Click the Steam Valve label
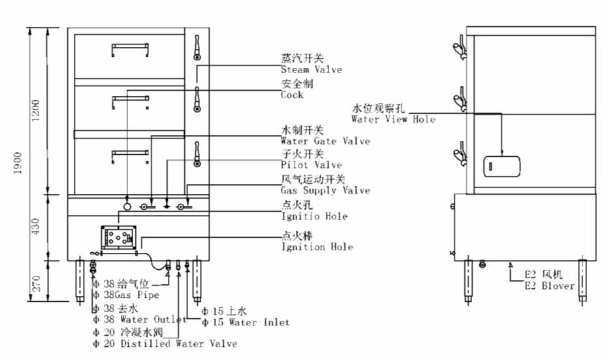point(311,70)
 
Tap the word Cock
point(292,95)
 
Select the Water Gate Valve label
point(325,141)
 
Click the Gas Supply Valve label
point(325,191)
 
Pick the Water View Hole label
point(392,120)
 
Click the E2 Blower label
point(549,286)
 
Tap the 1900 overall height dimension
point(19,165)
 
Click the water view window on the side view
point(501,167)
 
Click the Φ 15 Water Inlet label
point(246,323)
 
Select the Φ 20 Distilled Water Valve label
point(165,344)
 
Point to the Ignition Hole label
point(317,247)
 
